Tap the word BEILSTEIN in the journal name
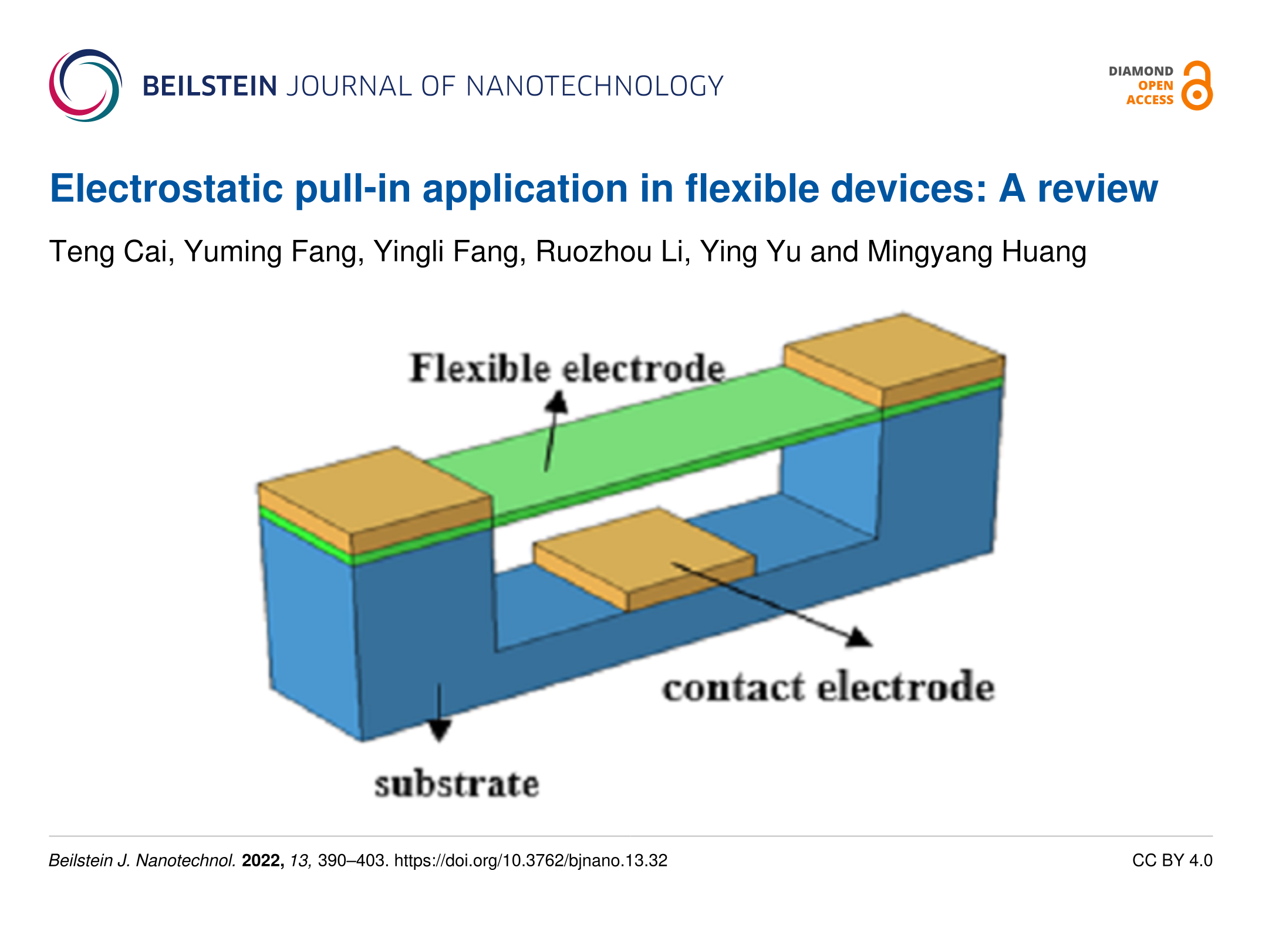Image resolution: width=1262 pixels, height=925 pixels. coord(210,86)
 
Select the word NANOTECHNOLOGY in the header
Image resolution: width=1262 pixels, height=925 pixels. coord(595,86)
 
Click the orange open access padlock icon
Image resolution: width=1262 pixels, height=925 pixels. coord(1197,86)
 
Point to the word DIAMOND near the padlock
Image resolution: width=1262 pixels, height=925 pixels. coord(1140,71)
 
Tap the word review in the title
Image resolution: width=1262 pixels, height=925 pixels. coord(1098,189)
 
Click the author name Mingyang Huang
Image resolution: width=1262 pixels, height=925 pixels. coord(977,252)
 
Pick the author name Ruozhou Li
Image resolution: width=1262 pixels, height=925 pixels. coord(610,252)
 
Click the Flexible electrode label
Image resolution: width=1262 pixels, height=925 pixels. coord(567,368)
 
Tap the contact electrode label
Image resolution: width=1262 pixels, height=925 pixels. coord(828,686)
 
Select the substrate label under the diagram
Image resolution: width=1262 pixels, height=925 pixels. coord(457,784)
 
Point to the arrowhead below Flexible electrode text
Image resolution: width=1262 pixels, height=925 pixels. coord(556,402)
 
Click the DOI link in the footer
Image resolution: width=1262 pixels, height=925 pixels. coord(531,860)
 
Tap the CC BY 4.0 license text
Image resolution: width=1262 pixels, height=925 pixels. coord(1172,860)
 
